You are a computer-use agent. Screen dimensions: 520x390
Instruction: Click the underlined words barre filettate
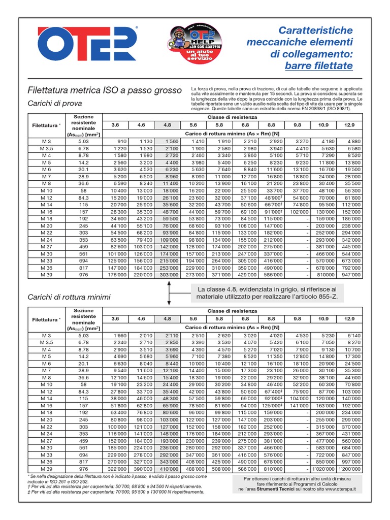coord(318,66)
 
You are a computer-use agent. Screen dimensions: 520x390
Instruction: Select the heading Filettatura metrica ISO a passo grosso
coord(104,90)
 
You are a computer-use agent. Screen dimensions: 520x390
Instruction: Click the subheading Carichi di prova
coord(50,104)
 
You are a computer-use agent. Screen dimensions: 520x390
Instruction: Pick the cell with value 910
coord(121,141)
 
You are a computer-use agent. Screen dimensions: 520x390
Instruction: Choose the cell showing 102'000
coord(298,211)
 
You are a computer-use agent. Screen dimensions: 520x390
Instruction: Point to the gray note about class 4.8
coord(266,293)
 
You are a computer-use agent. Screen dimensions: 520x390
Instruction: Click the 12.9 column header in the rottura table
coord(349,318)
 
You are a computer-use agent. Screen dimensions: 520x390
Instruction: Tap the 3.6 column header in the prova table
coord(115,124)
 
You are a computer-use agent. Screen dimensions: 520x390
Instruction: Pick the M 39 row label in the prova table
coord(46,274)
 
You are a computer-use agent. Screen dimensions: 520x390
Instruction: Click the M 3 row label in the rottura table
coord(46,336)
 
